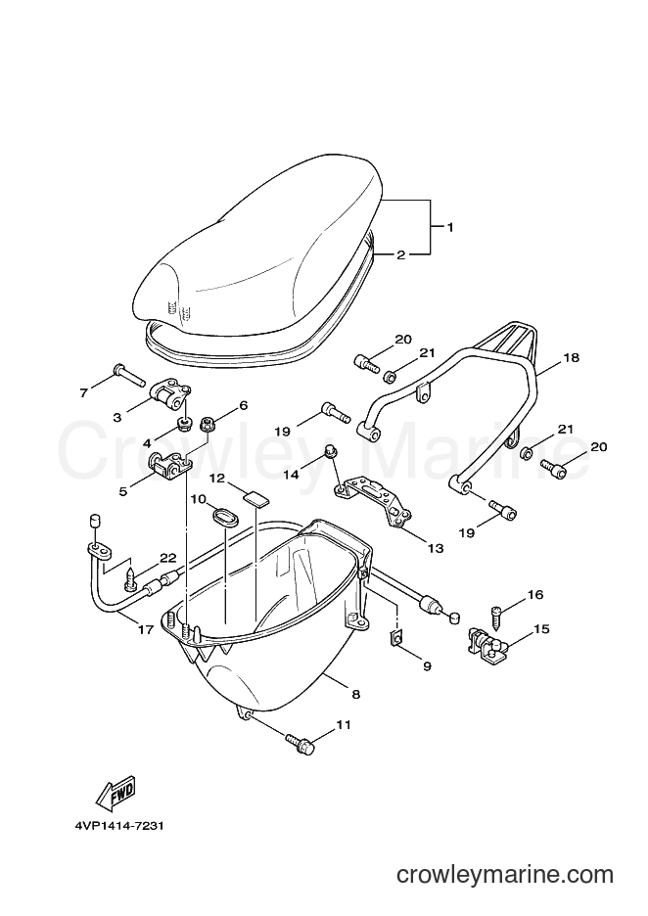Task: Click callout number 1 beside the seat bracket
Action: pyautogui.click(x=450, y=228)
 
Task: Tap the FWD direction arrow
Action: pyautogui.click(x=116, y=791)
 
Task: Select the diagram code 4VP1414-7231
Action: pyautogui.click(x=118, y=827)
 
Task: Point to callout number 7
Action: pyautogui.click(x=83, y=393)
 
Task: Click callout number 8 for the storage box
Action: pyautogui.click(x=356, y=695)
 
